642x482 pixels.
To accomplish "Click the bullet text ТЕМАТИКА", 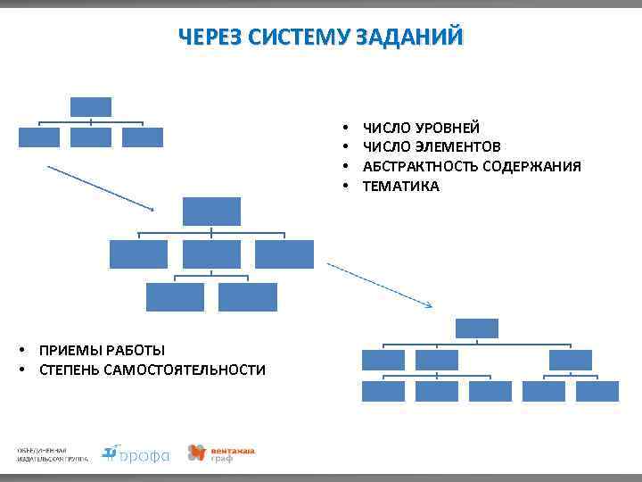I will pyautogui.click(x=400, y=187).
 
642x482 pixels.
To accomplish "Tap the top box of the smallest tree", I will pyautogui.click(x=91, y=107).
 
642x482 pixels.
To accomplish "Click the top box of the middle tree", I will pyautogui.click(x=211, y=212).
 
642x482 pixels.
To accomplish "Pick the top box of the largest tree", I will pyautogui.click(x=476, y=328).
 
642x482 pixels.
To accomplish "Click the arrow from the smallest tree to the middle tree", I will pyautogui.click(x=100, y=187).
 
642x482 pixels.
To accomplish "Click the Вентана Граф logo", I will pyautogui.click(x=220, y=453).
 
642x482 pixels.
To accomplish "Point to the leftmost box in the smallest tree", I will pyautogui.click(x=39, y=137).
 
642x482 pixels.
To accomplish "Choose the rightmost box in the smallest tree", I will pyautogui.click(x=143, y=137).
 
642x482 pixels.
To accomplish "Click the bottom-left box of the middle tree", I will pyautogui.click(x=175, y=297).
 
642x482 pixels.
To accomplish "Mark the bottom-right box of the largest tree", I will pyautogui.click(x=597, y=392).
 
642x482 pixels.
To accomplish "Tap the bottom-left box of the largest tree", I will pyautogui.click(x=383, y=392).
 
